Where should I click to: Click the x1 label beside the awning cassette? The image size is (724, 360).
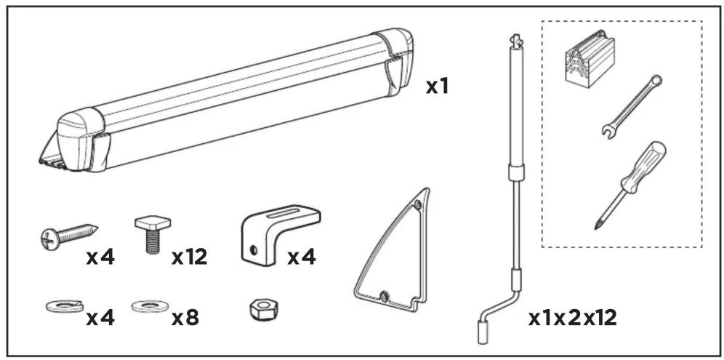(x=437, y=87)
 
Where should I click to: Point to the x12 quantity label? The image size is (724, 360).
(x=189, y=257)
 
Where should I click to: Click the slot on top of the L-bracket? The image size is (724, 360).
(x=282, y=215)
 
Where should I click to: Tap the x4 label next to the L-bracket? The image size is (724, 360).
(x=302, y=257)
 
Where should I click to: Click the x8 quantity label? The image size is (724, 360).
(x=185, y=318)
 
